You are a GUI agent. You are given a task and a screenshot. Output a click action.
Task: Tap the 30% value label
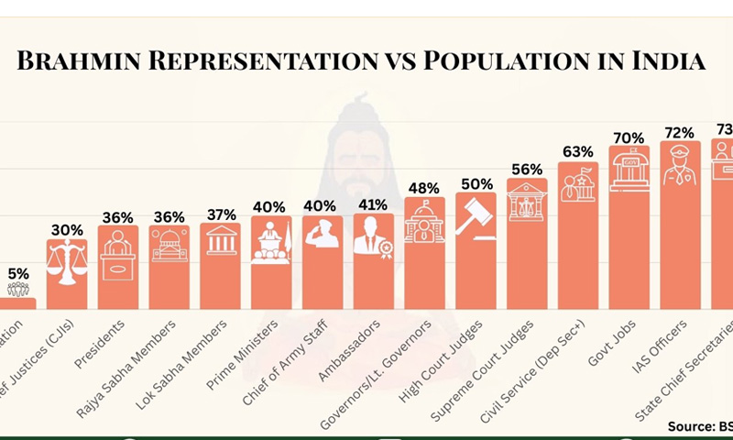[x=67, y=230]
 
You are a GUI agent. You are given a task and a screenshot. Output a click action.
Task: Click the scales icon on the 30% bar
[x=68, y=261]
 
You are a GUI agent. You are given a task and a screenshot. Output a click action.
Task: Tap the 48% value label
[x=424, y=188]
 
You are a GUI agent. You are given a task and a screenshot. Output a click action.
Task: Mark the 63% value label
[x=578, y=151]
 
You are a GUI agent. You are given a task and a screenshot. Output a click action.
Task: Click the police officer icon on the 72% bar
[x=681, y=166]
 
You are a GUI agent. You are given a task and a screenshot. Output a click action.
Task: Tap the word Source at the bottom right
[x=692, y=426]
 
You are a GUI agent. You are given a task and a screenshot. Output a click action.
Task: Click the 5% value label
[x=18, y=272]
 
